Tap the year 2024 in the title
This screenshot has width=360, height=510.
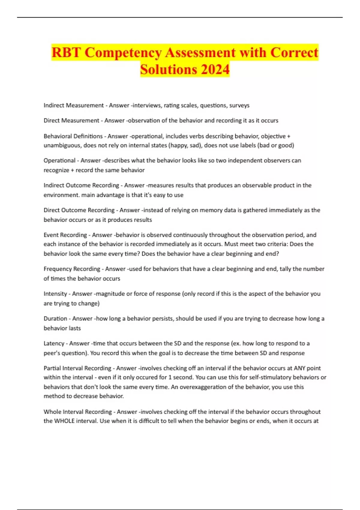click(x=215, y=70)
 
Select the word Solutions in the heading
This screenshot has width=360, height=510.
click(x=168, y=70)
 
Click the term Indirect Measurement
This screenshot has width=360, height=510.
click(x=73, y=105)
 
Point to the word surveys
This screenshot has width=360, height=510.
click(x=239, y=105)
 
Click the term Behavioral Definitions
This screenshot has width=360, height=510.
click(x=73, y=136)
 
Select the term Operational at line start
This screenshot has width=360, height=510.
click(x=59, y=160)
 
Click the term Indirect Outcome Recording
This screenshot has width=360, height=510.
click(x=81, y=185)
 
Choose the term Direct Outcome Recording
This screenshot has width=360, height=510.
click(x=79, y=210)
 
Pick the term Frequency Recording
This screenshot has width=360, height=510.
click(x=72, y=269)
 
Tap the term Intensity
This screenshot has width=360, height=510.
click(x=55, y=294)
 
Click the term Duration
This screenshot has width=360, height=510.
click(x=55, y=319)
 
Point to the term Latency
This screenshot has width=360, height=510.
click(x=54, y=343)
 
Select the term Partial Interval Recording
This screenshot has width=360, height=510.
click(x=77, y=368)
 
